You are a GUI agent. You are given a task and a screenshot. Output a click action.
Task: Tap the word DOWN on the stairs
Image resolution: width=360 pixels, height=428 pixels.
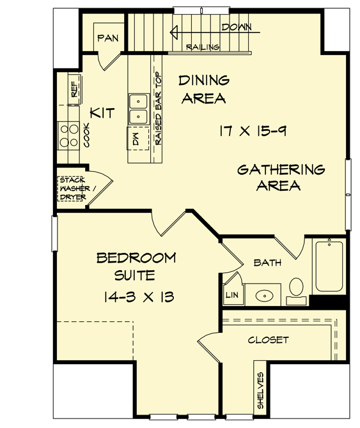point(236,27)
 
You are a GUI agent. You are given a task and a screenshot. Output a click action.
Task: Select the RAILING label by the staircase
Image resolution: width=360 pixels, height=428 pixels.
point(203,47)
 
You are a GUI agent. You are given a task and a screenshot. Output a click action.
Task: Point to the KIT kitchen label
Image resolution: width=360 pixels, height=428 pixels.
point(102,113)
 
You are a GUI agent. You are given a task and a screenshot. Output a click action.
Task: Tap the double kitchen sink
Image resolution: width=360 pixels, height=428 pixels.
point(138,108)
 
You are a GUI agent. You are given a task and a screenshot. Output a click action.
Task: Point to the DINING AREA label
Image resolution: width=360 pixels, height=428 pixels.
point(203,89)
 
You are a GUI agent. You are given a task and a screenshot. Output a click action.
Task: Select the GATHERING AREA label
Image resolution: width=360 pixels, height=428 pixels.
point(281,178)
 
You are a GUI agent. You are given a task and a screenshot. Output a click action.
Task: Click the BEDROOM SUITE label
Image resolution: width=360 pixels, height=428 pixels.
point(136,266)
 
